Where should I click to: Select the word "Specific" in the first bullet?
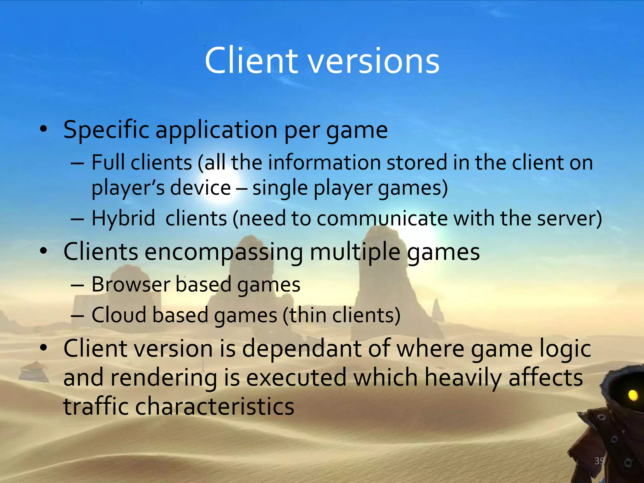coord(106,130)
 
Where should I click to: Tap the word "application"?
coord(216,130)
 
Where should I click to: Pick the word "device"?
coord(200,188)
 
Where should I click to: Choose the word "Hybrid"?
coord(123,218)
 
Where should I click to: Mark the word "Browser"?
coord(131,284)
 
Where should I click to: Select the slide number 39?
coord(599,461)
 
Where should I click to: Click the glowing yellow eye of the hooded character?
coord(633,395)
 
